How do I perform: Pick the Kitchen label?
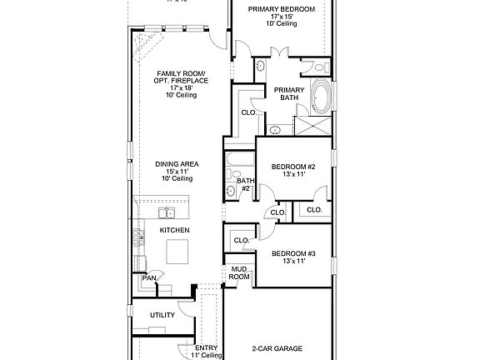tap(175, 229)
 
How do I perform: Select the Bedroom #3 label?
tap(293, 257)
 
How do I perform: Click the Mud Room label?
tap(240, 273)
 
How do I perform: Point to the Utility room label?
tap(162, 315)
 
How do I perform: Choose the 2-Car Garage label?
tap(277, 348)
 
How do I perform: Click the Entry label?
tap(207, 351)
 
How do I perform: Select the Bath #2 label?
tap(245, 184)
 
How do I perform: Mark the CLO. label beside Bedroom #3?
tap(242, 241)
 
